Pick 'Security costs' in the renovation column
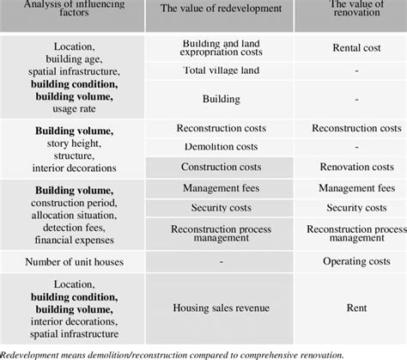pos(350,207)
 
